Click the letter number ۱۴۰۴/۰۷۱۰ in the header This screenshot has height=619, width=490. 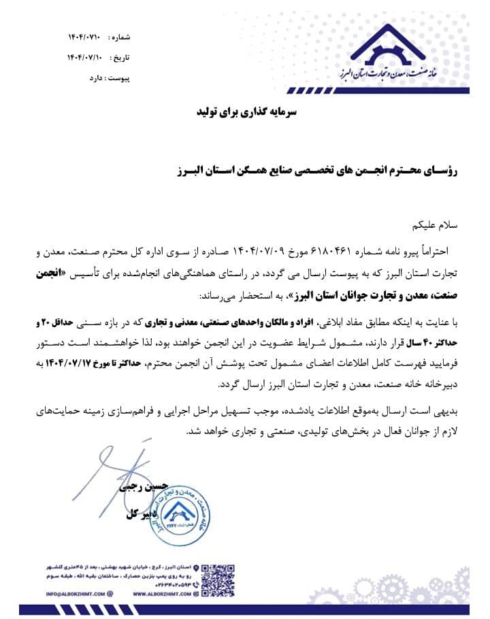(x=84, y=36)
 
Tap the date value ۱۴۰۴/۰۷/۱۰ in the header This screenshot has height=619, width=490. (x=85, y=57)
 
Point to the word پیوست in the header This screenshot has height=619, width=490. (x=120, y=78)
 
